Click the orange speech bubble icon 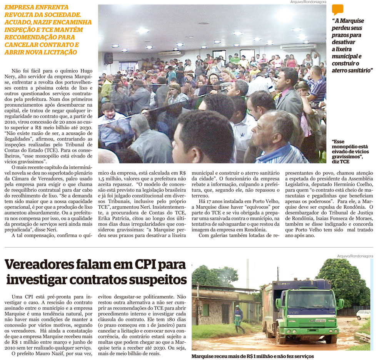[337, 10]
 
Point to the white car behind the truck [363, 315]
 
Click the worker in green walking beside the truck [239, 318]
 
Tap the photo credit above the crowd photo [308, 2]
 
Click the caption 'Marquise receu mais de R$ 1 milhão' [252, 357]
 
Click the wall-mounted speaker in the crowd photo [108, 58]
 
